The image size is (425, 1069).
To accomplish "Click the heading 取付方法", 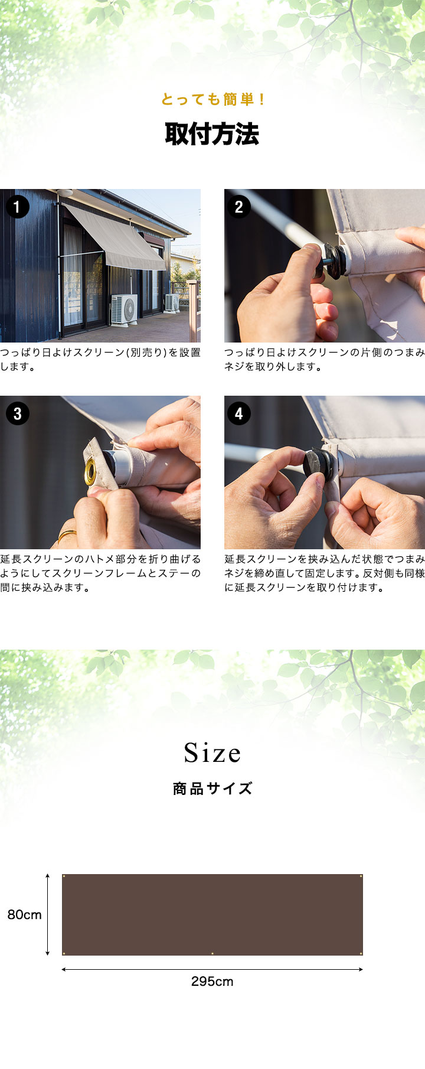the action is [212, 134].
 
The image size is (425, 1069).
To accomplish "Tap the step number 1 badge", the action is [17, 207].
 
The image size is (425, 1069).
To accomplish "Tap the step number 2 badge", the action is [238, 207].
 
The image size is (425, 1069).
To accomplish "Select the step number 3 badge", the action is [17, 413].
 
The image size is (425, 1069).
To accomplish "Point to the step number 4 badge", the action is [238, 413].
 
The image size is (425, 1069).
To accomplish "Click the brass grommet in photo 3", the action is [90, 471].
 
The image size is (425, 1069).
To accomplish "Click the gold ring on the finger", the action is [67, 536].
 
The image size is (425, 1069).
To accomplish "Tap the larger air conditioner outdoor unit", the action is [124, 308].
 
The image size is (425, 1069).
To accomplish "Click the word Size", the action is [212, 753].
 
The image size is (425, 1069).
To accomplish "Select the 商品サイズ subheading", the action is [212, 788].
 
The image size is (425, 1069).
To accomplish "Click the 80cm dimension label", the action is [24, 915].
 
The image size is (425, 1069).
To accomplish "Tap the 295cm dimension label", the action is [212, 982].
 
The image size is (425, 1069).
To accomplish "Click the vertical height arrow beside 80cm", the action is [47, 915].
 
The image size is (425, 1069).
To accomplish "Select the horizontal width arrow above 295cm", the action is [212, 969].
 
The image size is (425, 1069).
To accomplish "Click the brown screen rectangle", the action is [212, 915].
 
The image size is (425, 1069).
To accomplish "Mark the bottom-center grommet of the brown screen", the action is [212, 953].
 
